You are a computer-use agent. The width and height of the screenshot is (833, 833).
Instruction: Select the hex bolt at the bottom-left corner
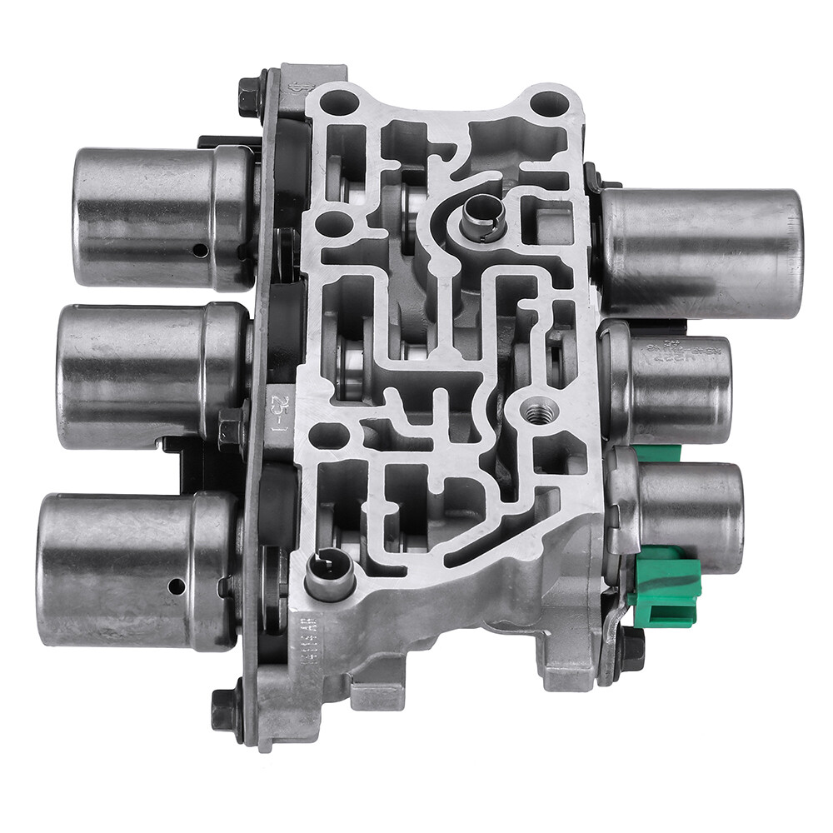226,709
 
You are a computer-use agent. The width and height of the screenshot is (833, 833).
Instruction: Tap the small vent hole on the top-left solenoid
200,250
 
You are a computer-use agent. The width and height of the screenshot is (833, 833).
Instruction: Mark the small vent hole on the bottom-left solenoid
176,586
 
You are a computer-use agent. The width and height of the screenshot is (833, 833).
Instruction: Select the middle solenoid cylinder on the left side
150,375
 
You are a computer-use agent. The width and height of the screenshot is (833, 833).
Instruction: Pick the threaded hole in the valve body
539,412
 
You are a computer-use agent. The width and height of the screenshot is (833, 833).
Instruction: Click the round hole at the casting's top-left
340,103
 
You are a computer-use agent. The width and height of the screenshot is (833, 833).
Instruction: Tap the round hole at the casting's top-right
549,104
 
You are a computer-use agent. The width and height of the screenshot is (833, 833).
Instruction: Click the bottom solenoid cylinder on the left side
133,571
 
